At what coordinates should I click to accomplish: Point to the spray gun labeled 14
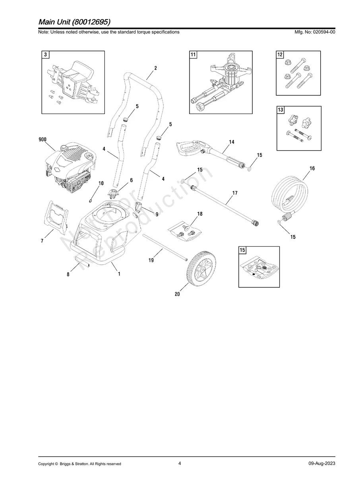[207, 153]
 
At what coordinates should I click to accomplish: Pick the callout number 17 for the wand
[235, 193]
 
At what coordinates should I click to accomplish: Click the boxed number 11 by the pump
[193, 55]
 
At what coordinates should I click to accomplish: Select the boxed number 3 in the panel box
[46, 55]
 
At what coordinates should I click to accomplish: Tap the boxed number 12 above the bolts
[280, 55]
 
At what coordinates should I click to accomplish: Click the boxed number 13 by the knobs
[281, 110]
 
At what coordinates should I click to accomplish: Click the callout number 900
[43, 139]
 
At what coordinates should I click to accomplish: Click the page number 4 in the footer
[180, 463]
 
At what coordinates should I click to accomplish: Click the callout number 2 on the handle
[155, 68]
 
